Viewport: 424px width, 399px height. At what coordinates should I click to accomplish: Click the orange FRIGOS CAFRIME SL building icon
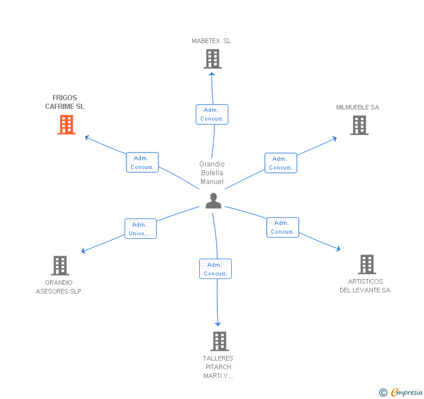coord(66,125)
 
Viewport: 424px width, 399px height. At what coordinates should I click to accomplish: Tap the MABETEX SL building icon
coord(213,59)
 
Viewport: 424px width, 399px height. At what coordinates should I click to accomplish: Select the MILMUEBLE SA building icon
coord(359,125)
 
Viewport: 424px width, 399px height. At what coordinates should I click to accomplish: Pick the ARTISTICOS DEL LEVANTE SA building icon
coord(366,264)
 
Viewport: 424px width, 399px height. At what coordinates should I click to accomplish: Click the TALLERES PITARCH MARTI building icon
coord(219,341)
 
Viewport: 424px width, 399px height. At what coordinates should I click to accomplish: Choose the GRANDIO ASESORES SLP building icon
coord(60,266)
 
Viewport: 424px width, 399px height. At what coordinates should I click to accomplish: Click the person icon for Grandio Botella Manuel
coord(214,200)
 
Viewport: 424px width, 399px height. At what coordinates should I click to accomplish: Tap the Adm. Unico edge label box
coord(140,229)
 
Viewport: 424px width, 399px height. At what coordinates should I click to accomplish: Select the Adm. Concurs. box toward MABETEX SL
coord(212,114)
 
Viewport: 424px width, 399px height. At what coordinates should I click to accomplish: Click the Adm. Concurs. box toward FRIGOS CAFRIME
coord(142,163)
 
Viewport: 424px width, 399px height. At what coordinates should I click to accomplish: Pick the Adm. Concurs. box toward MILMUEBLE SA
coord(280,163)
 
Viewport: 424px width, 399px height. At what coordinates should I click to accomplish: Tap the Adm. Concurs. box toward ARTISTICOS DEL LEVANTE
coord(282,227)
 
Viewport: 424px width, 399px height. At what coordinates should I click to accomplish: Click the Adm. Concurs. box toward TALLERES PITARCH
coord(215,269)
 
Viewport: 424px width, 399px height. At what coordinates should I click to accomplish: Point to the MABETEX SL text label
coord(211,41)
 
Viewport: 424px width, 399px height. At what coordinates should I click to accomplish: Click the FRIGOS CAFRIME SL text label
coord(65,103)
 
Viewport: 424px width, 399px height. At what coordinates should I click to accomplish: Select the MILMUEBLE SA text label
coord(358,107)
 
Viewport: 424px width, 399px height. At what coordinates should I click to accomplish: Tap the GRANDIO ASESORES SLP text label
coord(59,287)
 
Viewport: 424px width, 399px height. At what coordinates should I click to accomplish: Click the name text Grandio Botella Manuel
coord(212,173)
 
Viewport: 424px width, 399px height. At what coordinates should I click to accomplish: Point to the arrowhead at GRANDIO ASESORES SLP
coord(83,252)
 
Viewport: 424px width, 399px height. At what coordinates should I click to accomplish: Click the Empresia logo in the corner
coord(401,392)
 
